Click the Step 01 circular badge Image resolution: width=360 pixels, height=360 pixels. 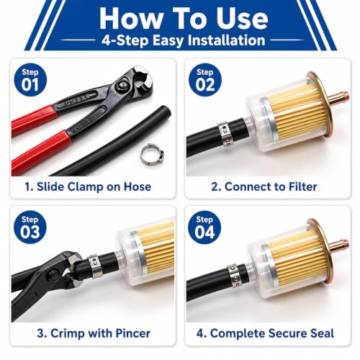coord(30,80)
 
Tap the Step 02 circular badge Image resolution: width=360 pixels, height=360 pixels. coord(204,80)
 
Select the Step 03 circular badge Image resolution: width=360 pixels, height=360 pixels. coord(30,227)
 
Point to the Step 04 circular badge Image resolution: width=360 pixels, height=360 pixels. coord(204,227)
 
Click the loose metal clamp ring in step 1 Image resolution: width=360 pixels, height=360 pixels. coord(152,153)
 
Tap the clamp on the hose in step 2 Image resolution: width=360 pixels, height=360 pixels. coord(225,135)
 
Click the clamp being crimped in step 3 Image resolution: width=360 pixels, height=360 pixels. coord(95,266)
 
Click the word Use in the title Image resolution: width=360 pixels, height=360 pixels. coord(243,19)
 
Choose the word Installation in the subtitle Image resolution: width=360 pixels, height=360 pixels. coord(226,40)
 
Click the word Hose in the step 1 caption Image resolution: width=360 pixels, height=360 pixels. coord(138,186)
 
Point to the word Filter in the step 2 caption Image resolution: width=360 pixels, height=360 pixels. coord(302,186)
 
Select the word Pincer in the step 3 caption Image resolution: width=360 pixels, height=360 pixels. coord(133,333)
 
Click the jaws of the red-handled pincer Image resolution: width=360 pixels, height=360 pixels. coord(143,78)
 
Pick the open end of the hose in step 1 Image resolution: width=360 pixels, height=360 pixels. coord(164,113)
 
